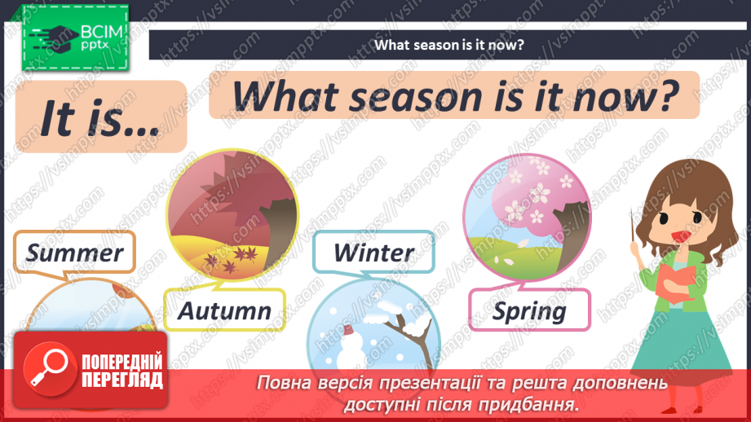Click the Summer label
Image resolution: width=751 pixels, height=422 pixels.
click(x=73, y=253)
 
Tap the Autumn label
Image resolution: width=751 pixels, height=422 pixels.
click(x=224, y=310)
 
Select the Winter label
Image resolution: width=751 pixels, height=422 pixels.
click(x=373, y=252)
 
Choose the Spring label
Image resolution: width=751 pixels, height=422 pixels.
click(x=529, y=311)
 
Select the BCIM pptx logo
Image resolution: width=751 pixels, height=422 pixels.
click(x=74, y=39)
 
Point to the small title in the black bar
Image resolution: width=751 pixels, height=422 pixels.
click(x=448, y=45)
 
